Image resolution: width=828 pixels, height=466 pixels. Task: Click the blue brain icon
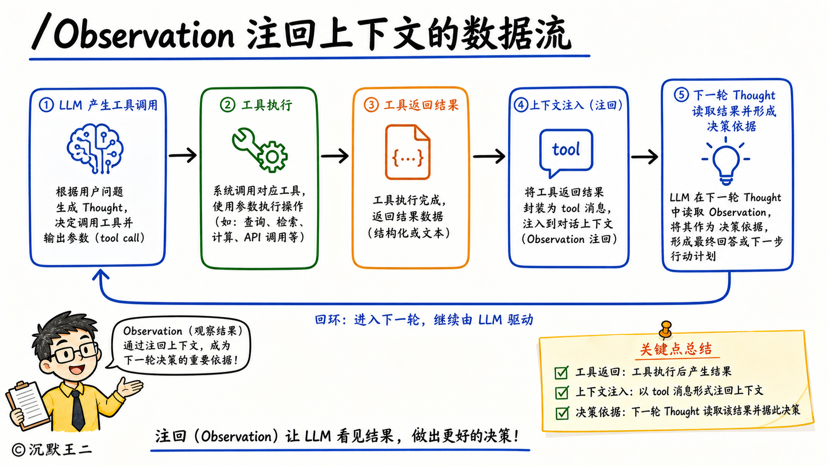click(95, 149)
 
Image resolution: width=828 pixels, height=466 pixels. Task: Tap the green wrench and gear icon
click(260, 150)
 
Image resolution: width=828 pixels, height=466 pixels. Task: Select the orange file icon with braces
click(408, 152)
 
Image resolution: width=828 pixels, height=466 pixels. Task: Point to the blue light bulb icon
click(726, 161)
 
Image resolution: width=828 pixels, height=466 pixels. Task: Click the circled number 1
click(46, 105)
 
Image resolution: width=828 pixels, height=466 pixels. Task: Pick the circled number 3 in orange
click(371, 105)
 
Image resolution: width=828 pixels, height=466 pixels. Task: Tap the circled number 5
click(681, 95)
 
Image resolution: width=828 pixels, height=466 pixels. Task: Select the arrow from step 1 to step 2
click(183, 155)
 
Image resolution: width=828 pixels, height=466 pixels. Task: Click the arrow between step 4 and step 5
click(644, 156)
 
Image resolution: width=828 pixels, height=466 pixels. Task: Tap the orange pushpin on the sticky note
click(666, 329)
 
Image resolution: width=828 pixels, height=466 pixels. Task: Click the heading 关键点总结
click(676, 349)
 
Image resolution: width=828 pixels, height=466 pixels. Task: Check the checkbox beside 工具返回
click(562, 372)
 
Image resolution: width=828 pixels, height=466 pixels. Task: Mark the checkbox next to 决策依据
click(562, 413)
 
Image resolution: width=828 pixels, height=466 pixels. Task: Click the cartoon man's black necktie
click(78, 410)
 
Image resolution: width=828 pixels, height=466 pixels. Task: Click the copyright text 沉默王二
click(60, 449)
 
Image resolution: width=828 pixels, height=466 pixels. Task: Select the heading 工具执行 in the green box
click(267, 105)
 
